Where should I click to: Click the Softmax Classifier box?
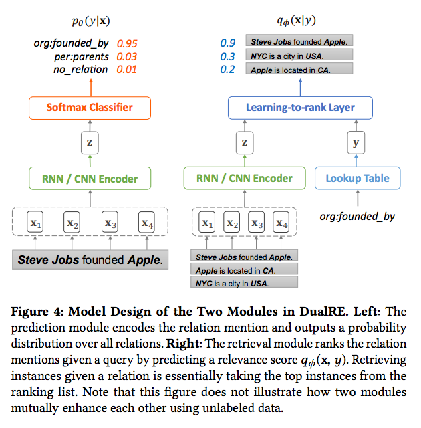point(90,107)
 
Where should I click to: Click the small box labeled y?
point(357,142)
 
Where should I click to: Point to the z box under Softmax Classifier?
point(90,142)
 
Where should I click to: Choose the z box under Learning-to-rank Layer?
point(245,142)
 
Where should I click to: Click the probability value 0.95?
point(127,44)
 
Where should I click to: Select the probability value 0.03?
point(127,57)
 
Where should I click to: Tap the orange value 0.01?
point(127,70)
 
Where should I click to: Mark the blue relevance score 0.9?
point(228,43)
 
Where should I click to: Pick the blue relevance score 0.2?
point(228,70)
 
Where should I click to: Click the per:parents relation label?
point(84,57)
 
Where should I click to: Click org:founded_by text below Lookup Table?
point(357,216)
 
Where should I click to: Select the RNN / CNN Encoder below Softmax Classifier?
point(90,179)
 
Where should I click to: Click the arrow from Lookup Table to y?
point(357,160)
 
